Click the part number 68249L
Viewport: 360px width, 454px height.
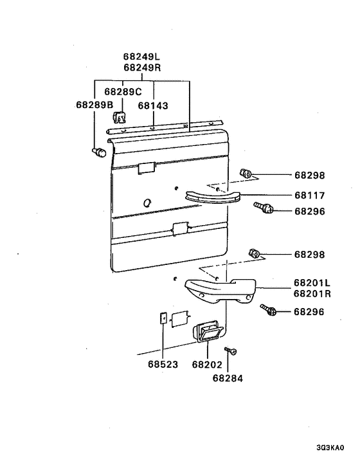click(x=141, y=57)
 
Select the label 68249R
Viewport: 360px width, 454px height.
click(x=142, y=68)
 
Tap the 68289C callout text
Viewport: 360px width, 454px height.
click(x=123, y=92)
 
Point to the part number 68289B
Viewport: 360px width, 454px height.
click(x=94, y=105)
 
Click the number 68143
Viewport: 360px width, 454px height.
click(x=153, y=105)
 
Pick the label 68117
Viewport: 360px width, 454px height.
click(x=310, y=195)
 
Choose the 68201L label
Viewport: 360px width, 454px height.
click(x=312, y=282)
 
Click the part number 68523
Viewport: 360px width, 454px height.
click(x=163, y=364)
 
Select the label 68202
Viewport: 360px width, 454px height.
click(x=207, y=365)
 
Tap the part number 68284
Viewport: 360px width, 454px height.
click(x=228, y=378)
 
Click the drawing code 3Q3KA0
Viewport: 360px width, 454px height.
click(x=330, y=448)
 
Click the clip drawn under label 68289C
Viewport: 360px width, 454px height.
click(x=119, y=116)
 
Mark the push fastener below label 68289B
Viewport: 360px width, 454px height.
click(x=99, y=152)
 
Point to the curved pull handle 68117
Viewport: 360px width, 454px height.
click(x=213, y=197)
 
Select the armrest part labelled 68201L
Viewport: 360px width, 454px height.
click(x=221, y=291)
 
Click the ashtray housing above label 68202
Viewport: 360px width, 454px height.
click(x=208, y=331)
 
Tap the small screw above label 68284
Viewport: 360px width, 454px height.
click(x=231, y=351)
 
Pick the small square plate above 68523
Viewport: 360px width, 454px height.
click(x=163, y=318)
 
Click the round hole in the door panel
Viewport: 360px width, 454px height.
click(x=147, y=203)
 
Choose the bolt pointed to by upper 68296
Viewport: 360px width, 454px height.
click(x=264, y=208)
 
